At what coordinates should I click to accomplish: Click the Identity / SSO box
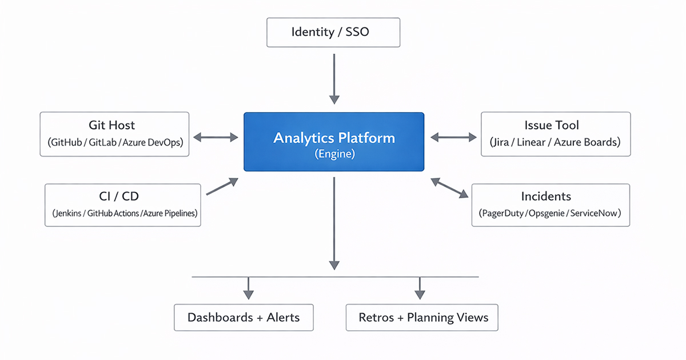[x=333, y=32]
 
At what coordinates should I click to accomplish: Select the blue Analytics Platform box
[x=334, y=142]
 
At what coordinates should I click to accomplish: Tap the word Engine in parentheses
[x=334, y=154]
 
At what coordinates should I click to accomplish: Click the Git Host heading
[x=112, y=126]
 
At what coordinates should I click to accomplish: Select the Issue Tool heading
[x=552, y=126]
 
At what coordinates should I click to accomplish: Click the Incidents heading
[x=545, y=197]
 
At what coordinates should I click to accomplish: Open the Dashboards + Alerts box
[x=244, y=317]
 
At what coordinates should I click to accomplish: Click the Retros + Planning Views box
[x=423, y=317]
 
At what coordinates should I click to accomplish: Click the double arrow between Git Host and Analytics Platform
[x=216, y=137]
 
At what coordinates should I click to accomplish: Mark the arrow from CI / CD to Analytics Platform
[x=222, y=186]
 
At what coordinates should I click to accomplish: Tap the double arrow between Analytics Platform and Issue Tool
[x=453, y=137]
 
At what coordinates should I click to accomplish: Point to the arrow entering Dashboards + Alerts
[x=248, y=288]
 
